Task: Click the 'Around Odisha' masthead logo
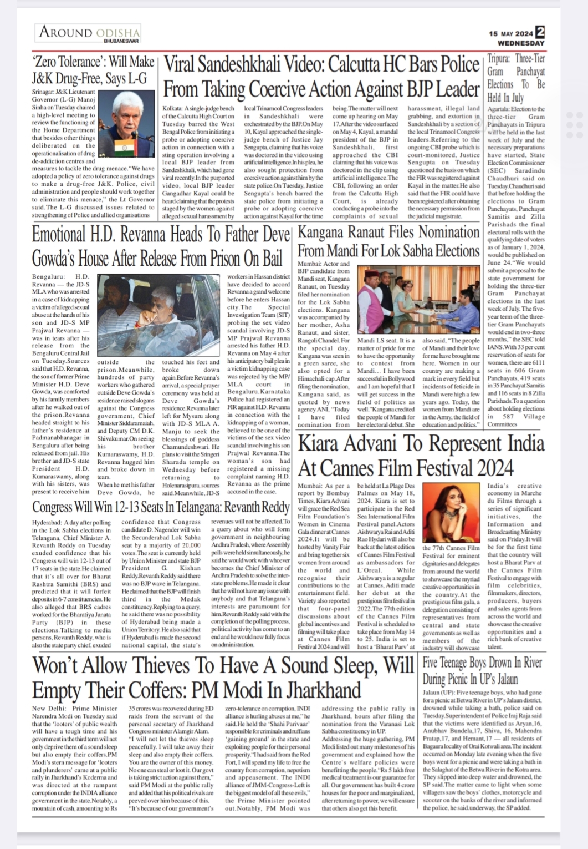[x=89, y=32]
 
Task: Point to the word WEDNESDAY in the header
[x=521, y=43]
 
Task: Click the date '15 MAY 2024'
[x=511, y=33]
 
